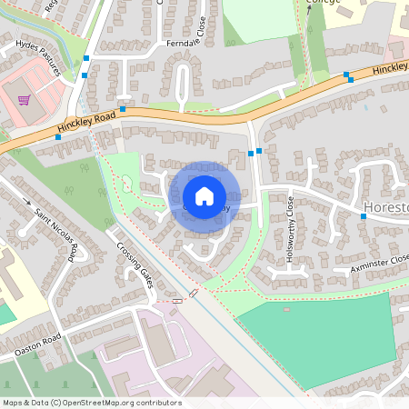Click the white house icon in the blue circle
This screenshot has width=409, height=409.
pyautogui.click(x=204, y=196)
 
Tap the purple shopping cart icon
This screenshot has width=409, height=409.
pyautogui.click(x=25, y=100)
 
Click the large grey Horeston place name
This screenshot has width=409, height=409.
pyautogui.click(x=385, y=206)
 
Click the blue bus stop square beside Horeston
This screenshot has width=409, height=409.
pyautogui.click(x=363, y=216)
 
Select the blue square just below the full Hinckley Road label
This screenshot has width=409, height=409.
pyautogui.click(x=58, y=137)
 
